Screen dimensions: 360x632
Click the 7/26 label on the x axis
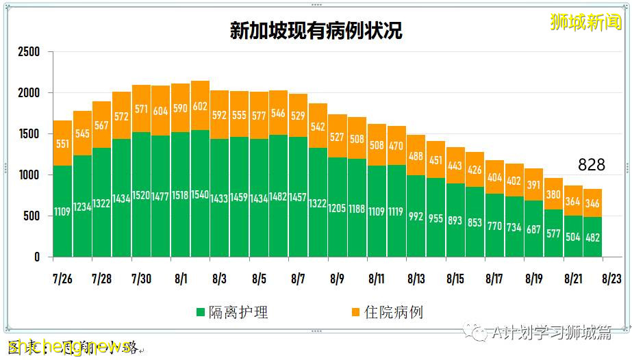click(x=62, y=279)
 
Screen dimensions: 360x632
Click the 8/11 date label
click(x=377, y=279)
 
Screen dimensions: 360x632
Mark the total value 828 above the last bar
click(x=592, y=165)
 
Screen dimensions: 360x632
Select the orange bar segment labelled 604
click(x=161, y=111)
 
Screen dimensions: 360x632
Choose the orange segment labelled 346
click(x=592, y=203)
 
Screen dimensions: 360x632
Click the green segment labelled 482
click(x=592, y=236)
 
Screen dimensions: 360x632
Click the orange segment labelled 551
click(x=62, y=144)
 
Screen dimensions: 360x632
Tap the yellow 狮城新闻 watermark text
click(x=586, y=23)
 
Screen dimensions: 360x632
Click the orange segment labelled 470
click(x=396, y=145)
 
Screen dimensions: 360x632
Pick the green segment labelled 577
click(x=553, y=234)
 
